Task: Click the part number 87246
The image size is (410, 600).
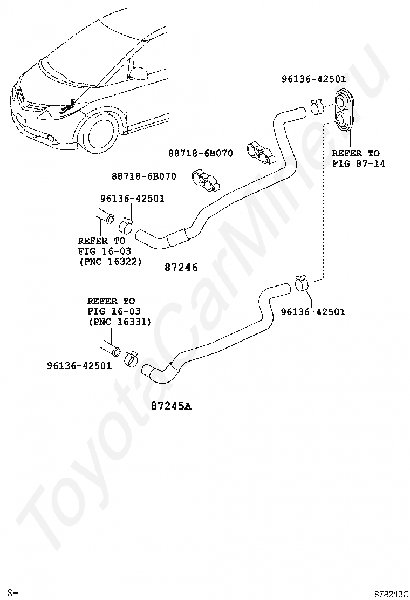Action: click(x=181, y=267)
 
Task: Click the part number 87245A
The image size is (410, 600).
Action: click(x=171, y=406)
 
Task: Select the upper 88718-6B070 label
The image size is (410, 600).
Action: click(x=200, y=153)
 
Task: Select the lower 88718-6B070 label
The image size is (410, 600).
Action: click(x=144, y=176)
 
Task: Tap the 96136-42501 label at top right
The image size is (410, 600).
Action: click(x=313, y=79)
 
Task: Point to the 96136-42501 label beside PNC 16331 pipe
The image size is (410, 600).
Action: click(x=79, y=366)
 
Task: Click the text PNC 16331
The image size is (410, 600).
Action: click(x=120, y=322)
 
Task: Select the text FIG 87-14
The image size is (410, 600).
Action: click(x=358, y=163)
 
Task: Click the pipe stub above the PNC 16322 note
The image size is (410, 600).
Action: click(x=105, y=216)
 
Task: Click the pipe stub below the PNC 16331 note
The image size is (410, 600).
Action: click(x=111, y=349)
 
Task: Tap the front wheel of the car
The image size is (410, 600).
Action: click(x=100, y=132)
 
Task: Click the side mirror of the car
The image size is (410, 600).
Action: click(x=139, y=72)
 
